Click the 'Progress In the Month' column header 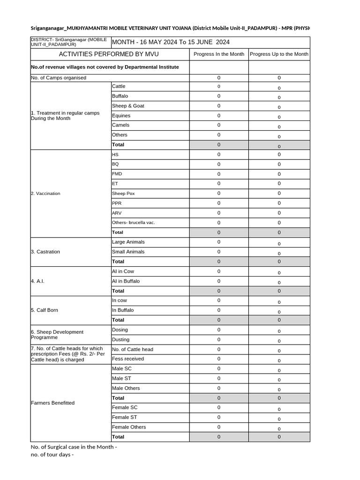[x=219, y=54]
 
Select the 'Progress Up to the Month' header [x=279, y=54]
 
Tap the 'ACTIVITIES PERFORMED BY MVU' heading [x=109, y=54]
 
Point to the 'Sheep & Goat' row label [x=128, y=106]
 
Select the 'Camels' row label [x=120, y=125]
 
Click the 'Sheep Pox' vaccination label [x=123, y=194]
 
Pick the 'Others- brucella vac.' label [x=133, y=223]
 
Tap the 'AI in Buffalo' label [x=126, y=281]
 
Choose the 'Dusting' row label [x=120, y=340]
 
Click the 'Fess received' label [x=128, y=359]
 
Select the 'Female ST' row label [x=124, y=417]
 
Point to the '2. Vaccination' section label [x=45, y=194]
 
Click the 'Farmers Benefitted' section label [x=52, y=403]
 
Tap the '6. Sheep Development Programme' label [x=57, y=335]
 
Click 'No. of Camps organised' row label [x=59, y=78]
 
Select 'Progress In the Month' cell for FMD [x=219, y=174]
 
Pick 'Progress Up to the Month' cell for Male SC [x=279, y=370]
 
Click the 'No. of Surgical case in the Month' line [x=74, y=447]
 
